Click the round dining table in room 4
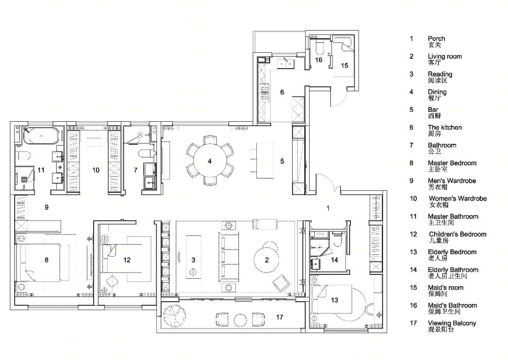click(x=210, y=161)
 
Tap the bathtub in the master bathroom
click(x=42, y=136)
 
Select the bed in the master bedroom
click(x=40, y=262)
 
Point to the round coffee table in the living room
click(x=266, y=259)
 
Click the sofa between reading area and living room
click(x=229, y=258)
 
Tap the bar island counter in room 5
click(x=265, y=160)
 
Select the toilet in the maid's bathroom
click(x=318, y=47)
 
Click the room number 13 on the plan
click(x=334, y=300)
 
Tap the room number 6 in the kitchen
click(x=282, y=92)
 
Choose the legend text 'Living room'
click(x=444, y=56)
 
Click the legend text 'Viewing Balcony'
click(x=452, y=323)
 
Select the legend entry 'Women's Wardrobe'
click(x=458, y=198)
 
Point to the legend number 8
click(x=412, y=163)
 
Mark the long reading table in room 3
click(x=193, y=257)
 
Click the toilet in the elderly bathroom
click(x=337, y=239)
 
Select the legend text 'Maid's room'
click(x=445, y=288)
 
